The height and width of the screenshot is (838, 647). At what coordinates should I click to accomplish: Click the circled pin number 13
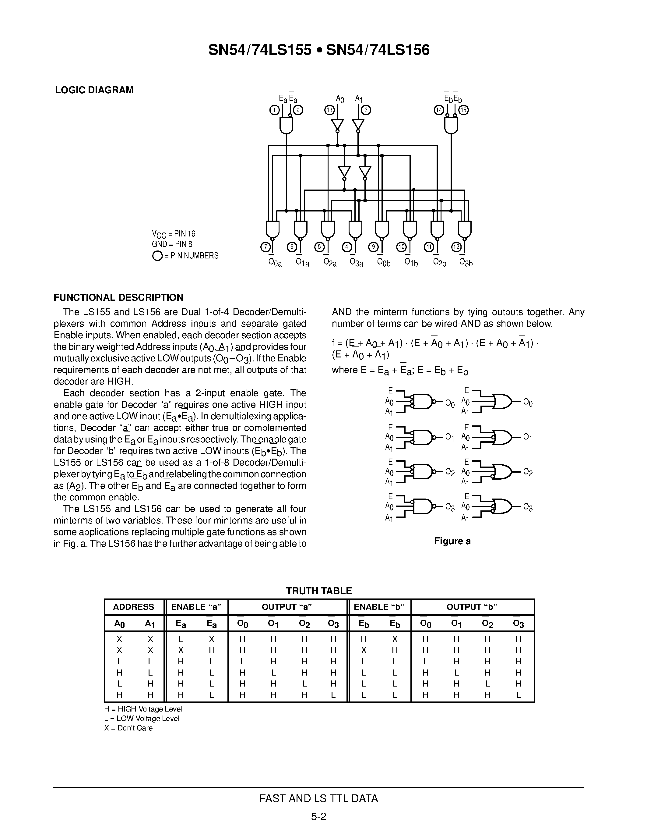click(x=329, y=110)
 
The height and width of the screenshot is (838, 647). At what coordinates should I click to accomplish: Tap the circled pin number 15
click(x=464, y=110)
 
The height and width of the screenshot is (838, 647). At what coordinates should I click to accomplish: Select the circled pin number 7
click(x=265, y=247)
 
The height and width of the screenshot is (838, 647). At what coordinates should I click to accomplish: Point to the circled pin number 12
click(x=456, y=247)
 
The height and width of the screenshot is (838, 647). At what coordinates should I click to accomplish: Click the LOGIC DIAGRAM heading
click(x=94, y=90)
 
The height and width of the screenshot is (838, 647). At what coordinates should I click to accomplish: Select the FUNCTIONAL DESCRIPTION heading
click(x=118, y=297)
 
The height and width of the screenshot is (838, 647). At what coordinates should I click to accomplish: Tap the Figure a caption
click(x=452, y=541)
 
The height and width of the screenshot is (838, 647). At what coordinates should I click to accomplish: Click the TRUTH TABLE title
click(x=319, y=591)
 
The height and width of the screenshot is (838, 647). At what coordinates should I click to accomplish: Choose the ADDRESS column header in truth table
click(x=133, y=607)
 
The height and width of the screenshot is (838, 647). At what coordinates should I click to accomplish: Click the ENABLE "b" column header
click(x=379, y=607)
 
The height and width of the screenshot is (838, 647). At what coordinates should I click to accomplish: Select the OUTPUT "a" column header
click(x=287, y=607)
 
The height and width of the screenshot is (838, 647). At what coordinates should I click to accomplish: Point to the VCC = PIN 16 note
click(x=174, y=234)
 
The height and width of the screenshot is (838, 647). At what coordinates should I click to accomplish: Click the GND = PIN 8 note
click(x=172, y=244)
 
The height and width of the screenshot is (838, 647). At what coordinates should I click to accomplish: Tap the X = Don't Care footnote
click(x=128, y=728)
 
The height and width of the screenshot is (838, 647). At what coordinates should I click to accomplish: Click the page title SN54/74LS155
click(x=260, y=50)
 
